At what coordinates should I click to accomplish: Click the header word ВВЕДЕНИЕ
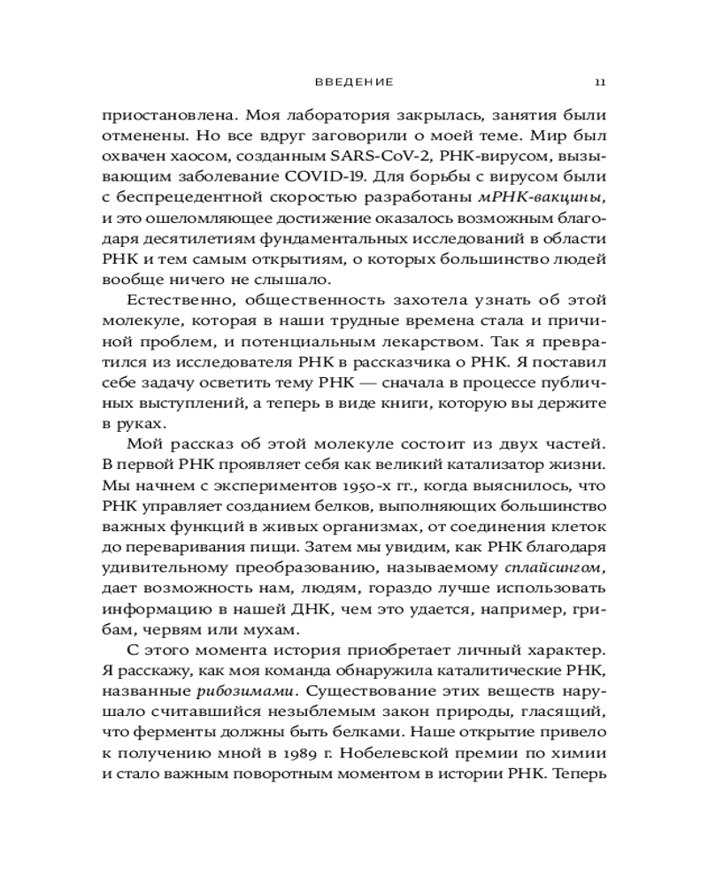pyautogui.click(x=354, y=81)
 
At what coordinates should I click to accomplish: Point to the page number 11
pyautogui.click(x=599, y=81)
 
